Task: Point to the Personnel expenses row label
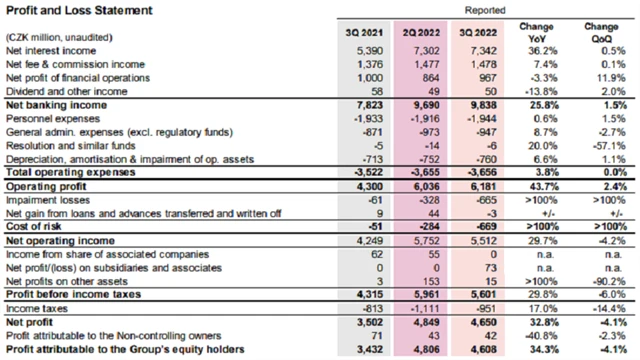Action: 48,118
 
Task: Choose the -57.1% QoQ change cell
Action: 603,145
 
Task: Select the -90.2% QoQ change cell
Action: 603,282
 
